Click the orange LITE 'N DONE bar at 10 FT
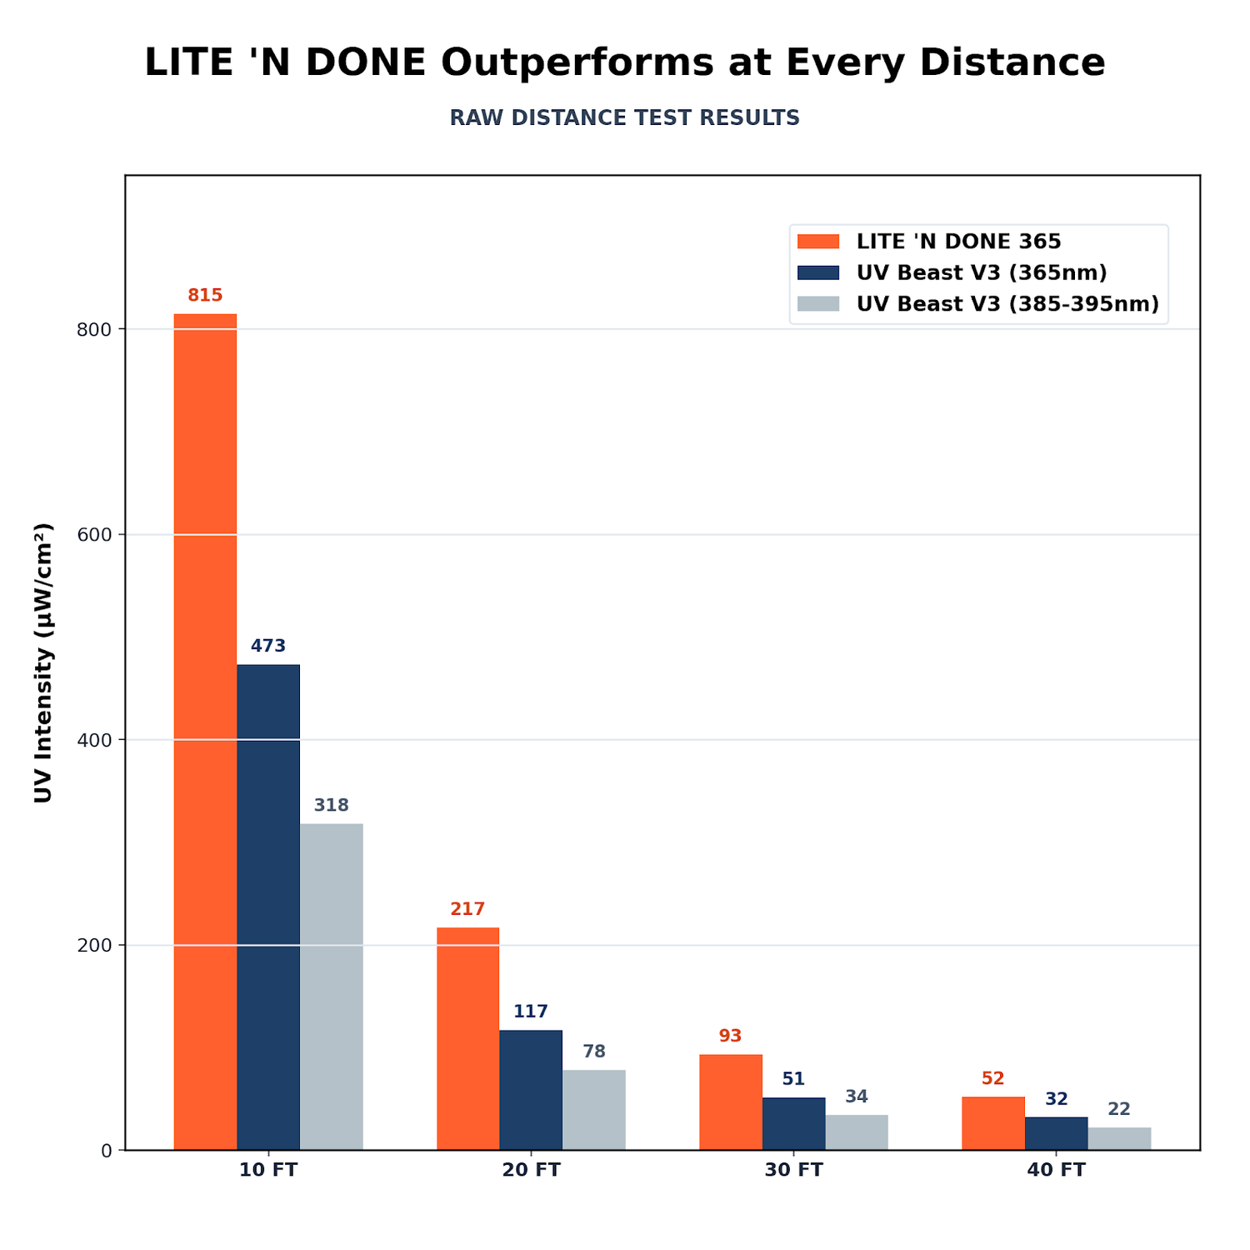click(x=205, y=732)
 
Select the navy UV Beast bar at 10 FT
click(x=268, y=907)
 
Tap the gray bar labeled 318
click(x=332, y=987)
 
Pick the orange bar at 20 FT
click(x=467, y=1038)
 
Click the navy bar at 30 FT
click(x=793, y=1123)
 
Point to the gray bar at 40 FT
click(x=1119, y=1138)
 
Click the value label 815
click(x=205, y=295)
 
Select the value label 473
click(x=268, y=646)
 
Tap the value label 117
click(x=531, y=1012)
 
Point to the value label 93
click(x=730, y=1036)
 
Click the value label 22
click(x=1119, y=1109)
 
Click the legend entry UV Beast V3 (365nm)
click(x=952, y=272)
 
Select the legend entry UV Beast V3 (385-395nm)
click(x=978, y=304)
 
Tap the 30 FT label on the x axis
click(x=793, y=1170)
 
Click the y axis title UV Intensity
click(x=43, y=662)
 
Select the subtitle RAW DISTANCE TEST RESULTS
click(x=625, y=118)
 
